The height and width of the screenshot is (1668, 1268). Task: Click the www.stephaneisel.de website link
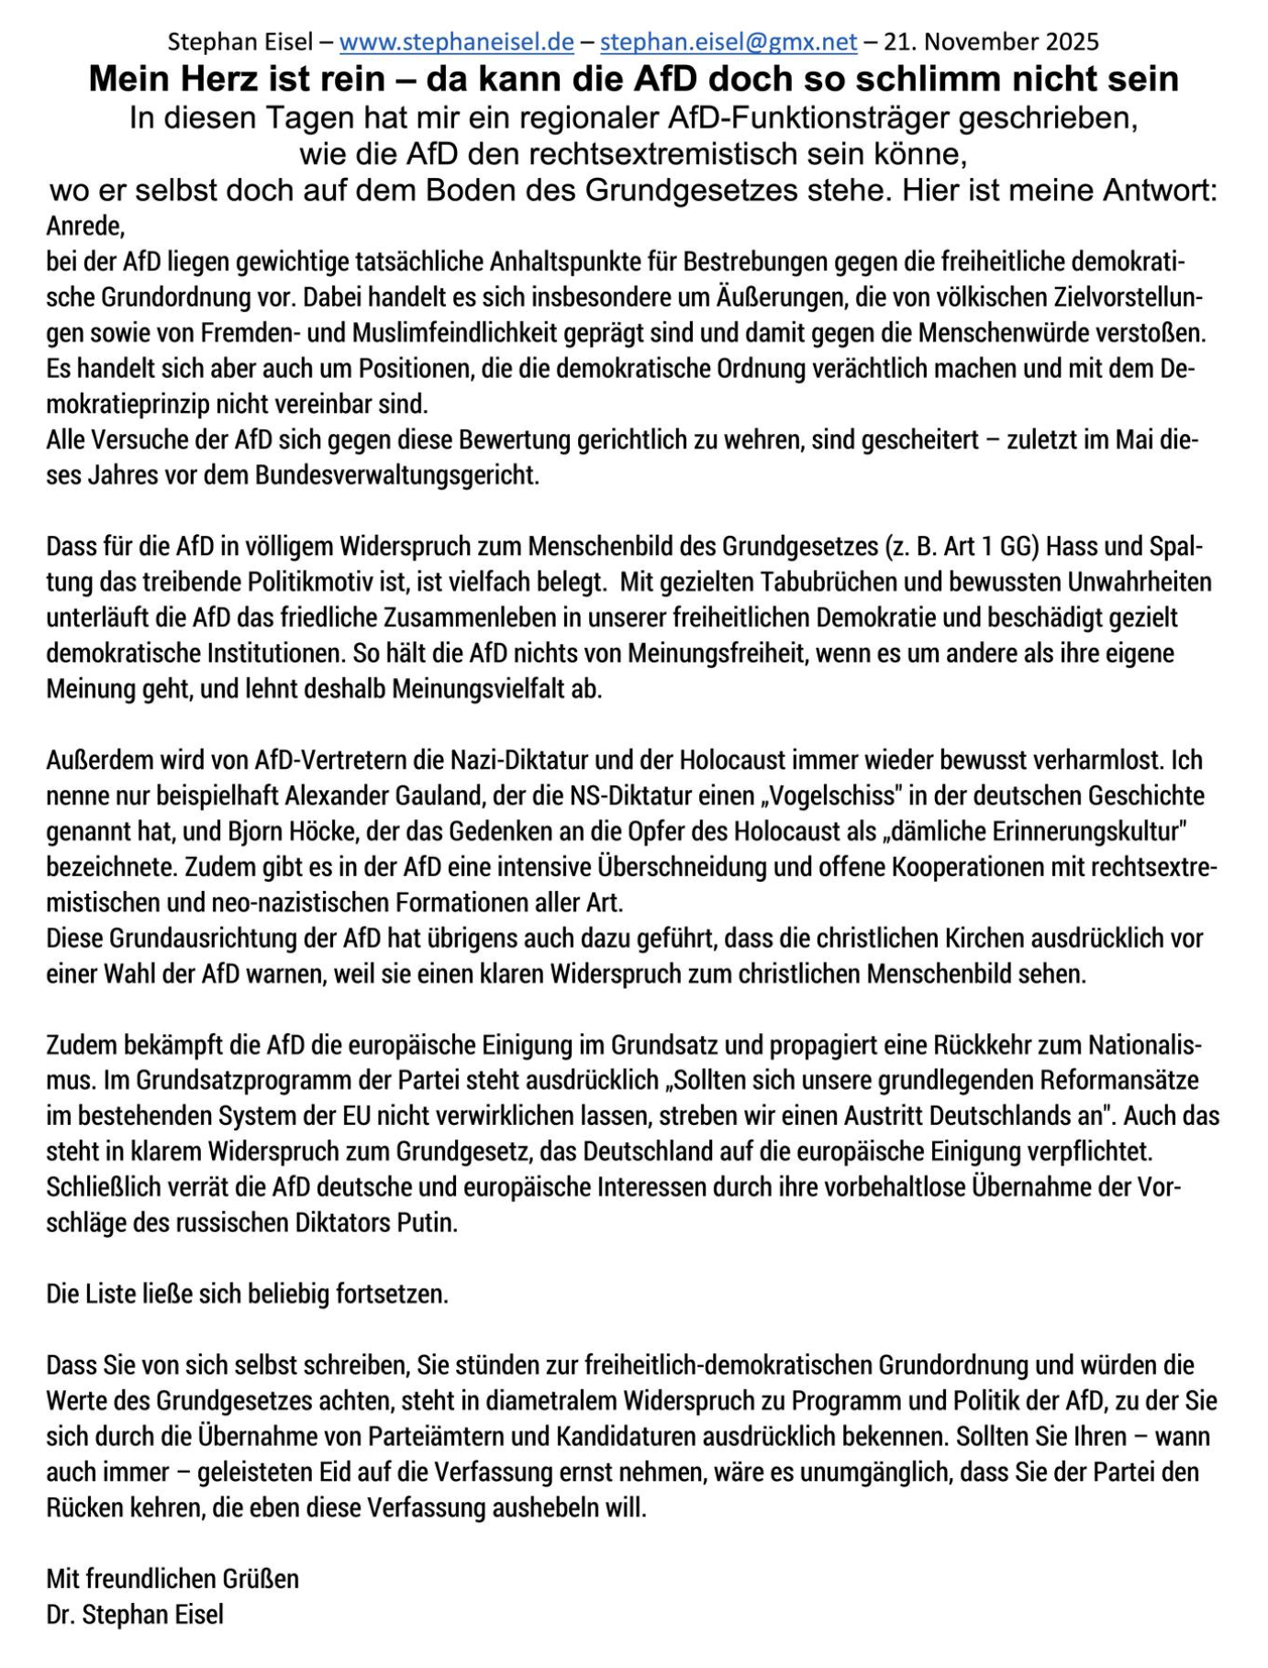[456, 42]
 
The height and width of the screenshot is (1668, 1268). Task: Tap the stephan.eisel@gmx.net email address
[729, 42]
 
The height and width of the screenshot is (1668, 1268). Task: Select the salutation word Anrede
[84, 226]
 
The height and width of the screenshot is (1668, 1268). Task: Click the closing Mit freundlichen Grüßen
[172, 1579]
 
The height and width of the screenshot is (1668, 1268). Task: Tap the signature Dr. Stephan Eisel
[135, 1615]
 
